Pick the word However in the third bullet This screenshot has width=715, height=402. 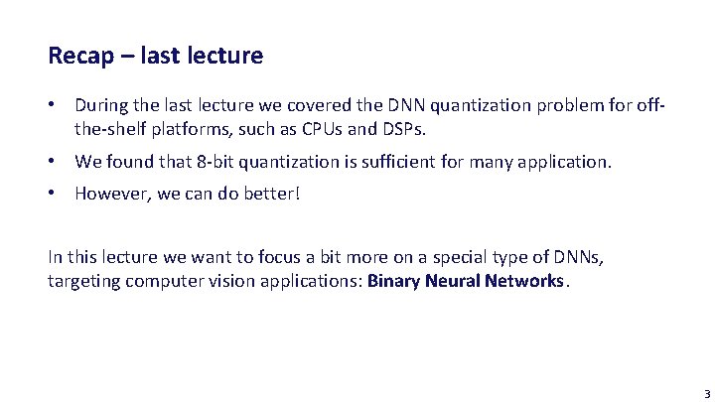click(x=109, y=193)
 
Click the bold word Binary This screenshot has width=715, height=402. click(x=393, y=280)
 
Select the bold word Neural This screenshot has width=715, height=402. click(x=452, y=280)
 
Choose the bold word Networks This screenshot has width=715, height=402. click(x=524, y=280)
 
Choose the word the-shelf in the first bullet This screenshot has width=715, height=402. click(x=107, y=129)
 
